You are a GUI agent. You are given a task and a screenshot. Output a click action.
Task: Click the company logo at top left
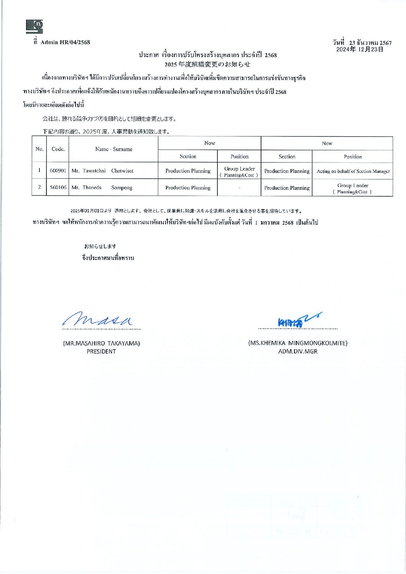point(35,26)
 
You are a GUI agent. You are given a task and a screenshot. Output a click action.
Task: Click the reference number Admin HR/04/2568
point(65,42)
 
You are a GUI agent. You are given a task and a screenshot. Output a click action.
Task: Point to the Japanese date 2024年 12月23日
point(360,49)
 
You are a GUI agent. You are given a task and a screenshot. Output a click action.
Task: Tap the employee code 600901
point(58,171)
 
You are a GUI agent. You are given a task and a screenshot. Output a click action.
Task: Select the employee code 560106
point(58,187)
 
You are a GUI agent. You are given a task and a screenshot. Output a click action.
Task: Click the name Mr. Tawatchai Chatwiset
point(102,171)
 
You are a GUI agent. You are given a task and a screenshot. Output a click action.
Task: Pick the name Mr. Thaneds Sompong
point(102,187)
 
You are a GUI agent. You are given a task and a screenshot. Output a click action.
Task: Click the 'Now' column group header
point(210,143)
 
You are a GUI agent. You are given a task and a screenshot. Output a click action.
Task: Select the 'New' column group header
point(327,143)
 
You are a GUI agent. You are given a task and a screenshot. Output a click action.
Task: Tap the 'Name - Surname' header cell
point(113,149)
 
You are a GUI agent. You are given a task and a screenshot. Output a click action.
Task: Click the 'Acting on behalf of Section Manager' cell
point(353,171)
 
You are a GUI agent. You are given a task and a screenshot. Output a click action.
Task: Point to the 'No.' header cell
point(39,149)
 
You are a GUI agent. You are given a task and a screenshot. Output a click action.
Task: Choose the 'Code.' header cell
point(58,149)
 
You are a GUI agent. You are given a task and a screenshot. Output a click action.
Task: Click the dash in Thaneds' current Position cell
point(239,188)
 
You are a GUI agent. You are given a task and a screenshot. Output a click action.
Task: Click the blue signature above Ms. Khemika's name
point(297,321)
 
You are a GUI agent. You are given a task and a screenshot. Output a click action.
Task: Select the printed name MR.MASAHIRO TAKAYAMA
point(101,343)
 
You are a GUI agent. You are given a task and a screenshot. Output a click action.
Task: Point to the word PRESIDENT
point(101,351)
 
